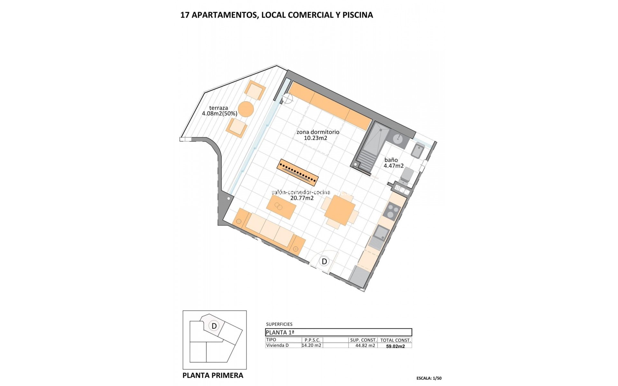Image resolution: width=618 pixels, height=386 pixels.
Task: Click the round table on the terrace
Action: tap(246, 109)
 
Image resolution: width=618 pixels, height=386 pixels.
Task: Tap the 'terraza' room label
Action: tap(219, 108)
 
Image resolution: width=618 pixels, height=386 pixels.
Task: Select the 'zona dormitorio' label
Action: tap(318, 132)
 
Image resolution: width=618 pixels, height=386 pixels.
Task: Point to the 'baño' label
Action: tap(391, 160)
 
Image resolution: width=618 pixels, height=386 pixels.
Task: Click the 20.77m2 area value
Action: tap(302, 198)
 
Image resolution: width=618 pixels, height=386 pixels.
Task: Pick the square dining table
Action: tap(340, 210)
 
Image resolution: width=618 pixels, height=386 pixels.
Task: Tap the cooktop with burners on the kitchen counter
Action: tap(393, 211)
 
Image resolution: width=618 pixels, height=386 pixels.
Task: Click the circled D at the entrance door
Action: tap(324, 261)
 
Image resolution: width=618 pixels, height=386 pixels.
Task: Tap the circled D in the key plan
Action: tap(214, 326)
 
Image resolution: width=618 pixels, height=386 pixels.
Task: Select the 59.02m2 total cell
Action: tap(395, 346)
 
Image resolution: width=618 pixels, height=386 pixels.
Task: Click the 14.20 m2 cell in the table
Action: tap(312, 345)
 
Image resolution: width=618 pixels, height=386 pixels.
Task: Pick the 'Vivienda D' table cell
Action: tap(277, 345)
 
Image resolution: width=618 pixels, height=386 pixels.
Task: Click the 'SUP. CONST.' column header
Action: tap(363, 340)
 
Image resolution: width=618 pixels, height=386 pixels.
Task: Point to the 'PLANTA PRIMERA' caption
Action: tap(213, 375)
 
